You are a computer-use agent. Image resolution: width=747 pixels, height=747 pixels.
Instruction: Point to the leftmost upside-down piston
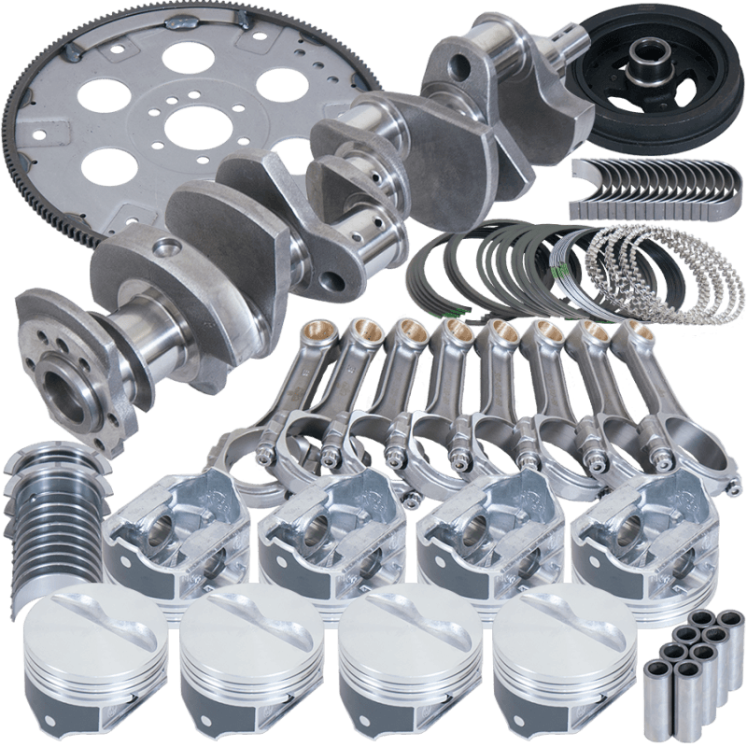159,542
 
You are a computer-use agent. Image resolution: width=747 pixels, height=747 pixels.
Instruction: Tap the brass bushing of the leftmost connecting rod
313,329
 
